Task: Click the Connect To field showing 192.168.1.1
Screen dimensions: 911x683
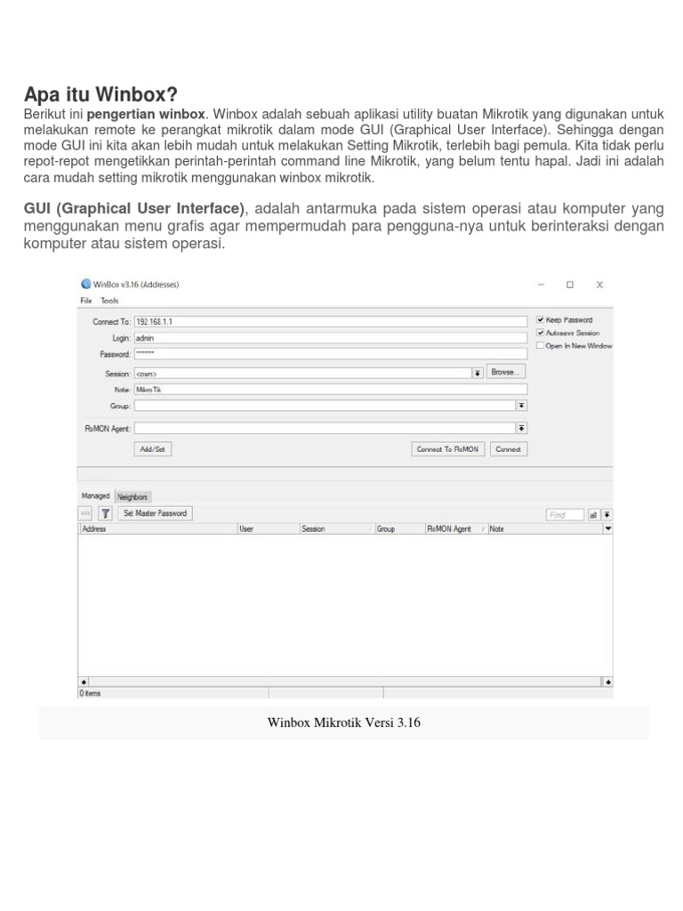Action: [329, 321]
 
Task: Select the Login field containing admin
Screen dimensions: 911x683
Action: [329, 338]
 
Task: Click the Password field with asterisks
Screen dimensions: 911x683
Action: [329, 354]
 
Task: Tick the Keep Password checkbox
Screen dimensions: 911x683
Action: [540, 320]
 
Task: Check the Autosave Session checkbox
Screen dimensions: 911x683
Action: [540, 333]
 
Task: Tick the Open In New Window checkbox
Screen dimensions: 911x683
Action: [540, 345]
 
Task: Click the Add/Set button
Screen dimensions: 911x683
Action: [152, 449]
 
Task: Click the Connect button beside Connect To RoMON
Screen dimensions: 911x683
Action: [508, 449]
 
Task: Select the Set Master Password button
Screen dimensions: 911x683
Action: [156, 513]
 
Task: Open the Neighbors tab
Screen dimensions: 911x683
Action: [133, 496]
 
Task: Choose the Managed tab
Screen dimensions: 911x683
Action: [96, 496]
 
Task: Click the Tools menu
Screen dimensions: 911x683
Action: [109, 301]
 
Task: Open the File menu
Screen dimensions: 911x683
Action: [86, 301]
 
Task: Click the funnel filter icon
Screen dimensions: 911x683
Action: [105, 513]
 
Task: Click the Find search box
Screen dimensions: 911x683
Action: [564, 514]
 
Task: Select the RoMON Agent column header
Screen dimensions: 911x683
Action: [449, 528]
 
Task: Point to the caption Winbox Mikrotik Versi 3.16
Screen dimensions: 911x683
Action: [343, 722]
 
